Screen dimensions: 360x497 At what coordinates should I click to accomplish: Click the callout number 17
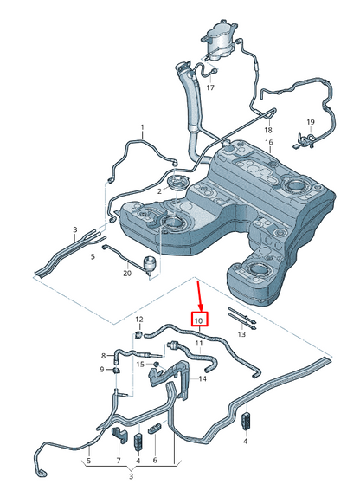[210, 87]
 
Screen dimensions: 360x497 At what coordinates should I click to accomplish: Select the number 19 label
[311, 122]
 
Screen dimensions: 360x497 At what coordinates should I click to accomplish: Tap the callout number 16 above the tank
[269, 142]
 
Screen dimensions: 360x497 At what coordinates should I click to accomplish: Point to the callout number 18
[268, 130]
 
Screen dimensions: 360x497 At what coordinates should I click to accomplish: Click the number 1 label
[142, 127]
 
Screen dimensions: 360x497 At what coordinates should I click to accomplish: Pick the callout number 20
[127, 273]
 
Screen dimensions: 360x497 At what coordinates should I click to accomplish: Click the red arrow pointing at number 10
[198, 294]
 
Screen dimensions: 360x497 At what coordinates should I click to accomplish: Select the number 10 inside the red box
[199, 320]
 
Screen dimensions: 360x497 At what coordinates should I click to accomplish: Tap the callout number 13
[241, 334]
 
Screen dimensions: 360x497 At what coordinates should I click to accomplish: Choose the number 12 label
[139, 319]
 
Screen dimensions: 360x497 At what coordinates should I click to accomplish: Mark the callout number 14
[202, 378]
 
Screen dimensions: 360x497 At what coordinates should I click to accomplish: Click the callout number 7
[119, 461]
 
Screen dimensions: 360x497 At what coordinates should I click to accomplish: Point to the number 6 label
[155, 460]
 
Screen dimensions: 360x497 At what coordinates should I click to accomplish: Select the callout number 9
[102, 369]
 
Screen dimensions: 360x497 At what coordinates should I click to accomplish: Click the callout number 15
[140, 365]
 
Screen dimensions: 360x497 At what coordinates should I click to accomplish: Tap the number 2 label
[160, 191]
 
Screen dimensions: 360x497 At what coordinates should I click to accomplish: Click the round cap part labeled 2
[178, 183]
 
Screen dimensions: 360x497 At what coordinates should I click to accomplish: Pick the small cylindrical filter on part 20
[151, 264]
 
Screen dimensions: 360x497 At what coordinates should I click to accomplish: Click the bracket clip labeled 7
[119, 435]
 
